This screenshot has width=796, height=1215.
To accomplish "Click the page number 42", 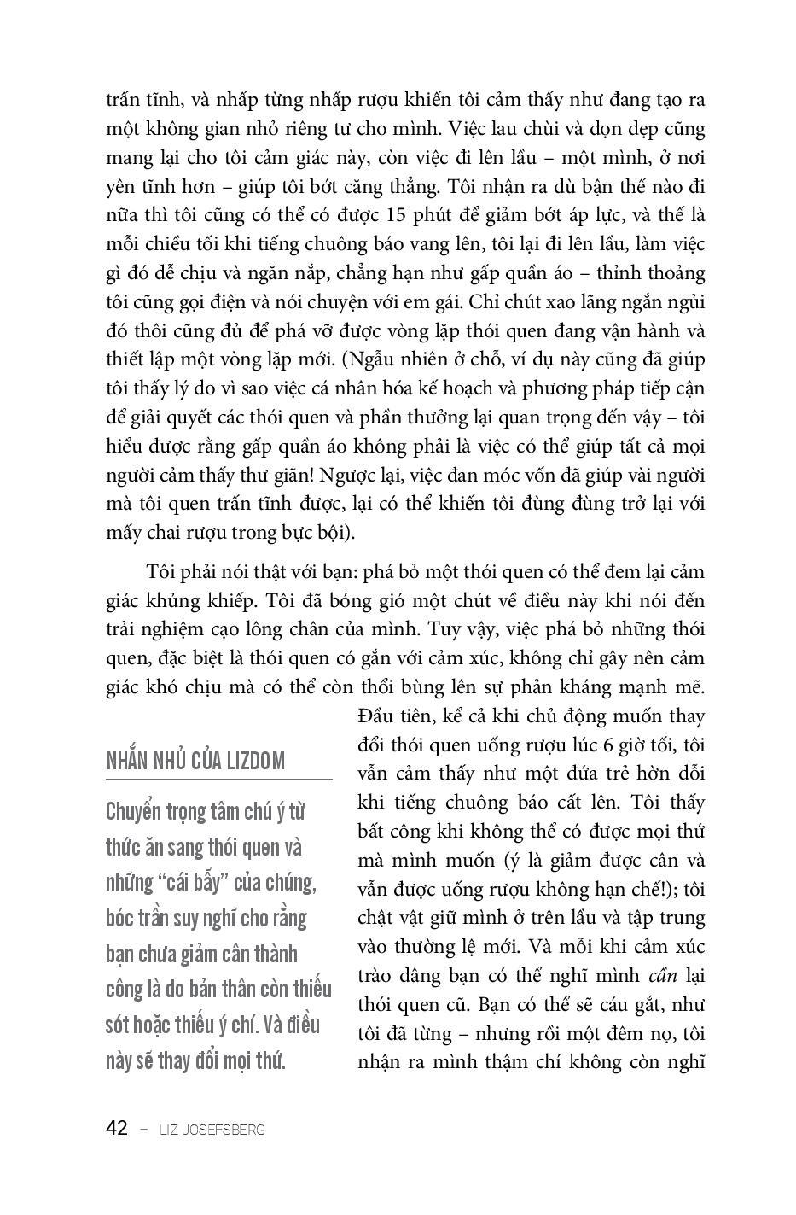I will coord(117,1129).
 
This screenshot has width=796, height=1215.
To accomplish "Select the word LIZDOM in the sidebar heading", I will coord(256,761).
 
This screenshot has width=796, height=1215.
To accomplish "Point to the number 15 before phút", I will coord(400,215).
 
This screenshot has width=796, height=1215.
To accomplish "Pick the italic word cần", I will coord(663,976).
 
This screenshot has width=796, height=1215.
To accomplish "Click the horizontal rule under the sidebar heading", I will coord(219,779).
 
